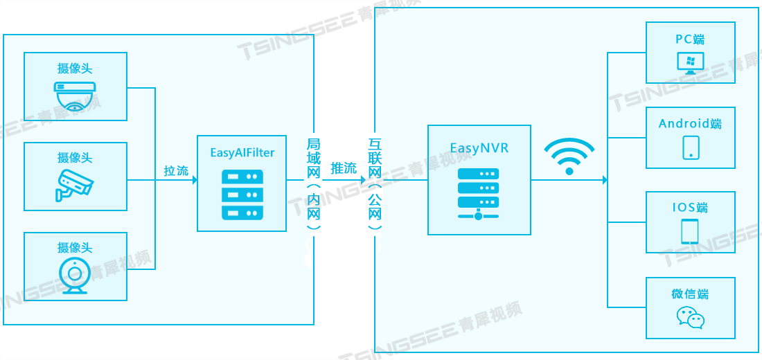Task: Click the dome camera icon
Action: [75, 96]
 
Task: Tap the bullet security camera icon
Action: [74, 184]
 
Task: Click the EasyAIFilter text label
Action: [242, 152]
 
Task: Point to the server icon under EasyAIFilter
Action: [242, 195]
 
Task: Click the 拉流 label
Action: [176, 170]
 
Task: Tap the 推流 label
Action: [344, 168]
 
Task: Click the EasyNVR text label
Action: [479, 147]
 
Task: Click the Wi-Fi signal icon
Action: [569, 156]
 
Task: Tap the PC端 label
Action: [691, 39]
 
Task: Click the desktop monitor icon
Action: [691, 64]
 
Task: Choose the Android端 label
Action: [690, 124]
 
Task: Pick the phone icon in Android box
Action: [691, 147]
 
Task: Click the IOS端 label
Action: [690, 208]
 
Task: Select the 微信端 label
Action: [690, 294]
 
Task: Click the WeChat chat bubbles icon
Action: [691, 318]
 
